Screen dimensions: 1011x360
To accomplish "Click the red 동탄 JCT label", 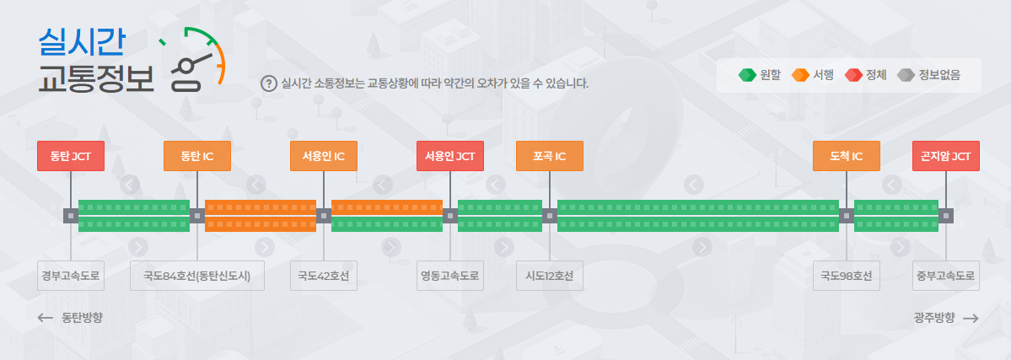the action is pyautogui.click(x=71, y=156).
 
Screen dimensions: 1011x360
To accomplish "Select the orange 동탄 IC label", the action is pyautogui.click(x=197, y=156).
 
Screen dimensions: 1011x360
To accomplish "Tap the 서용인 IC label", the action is pyautogui.click(x=324, y=156).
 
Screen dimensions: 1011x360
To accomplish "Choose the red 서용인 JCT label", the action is pyautogui.click(x=450, y=156).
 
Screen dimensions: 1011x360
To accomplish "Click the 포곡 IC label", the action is pyautogui.click(x=550, y=156).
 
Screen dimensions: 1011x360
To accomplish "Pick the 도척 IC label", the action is pyautogui.click(x=847, y=156).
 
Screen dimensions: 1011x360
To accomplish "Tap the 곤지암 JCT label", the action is pyautogui.click(x=946, y=156).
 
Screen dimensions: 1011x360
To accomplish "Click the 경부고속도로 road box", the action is pyautogui.click(x=71, y=276).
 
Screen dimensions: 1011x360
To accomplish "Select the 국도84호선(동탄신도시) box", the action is pyautogui.click(x=197, y=276).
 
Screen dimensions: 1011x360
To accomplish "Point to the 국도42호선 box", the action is pyautogui.click(x=324, y=276).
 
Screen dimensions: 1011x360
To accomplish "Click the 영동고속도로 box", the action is pyautogui.click(x=450, y=276).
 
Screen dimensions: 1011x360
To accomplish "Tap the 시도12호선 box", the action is pyautogui.click(x=550, y=276).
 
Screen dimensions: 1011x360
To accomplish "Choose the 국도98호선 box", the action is pyautogui.click(x=847, y=276).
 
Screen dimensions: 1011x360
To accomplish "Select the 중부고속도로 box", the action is pyautogui.click(x=946, y=276).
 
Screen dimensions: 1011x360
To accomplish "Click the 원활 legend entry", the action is pyautogui.click(x=761, y=75).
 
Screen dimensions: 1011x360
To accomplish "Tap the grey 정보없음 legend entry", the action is pyautogui.click(x=928, y=75).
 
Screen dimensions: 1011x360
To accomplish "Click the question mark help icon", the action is pyautogui.click(x=269, y=83).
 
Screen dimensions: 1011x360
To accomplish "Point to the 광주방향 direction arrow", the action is pyautogui.click(x=970, y=318).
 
